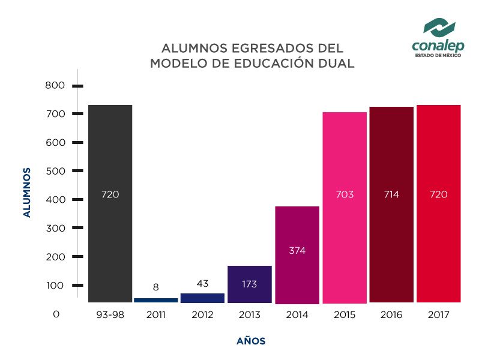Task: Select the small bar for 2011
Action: pos(155,299)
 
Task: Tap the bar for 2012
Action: pos(202,298)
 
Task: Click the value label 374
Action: pos(297,251)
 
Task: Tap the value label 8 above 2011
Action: pos(155,287)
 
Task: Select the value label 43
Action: pos(202,283)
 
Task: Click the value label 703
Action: pos(345,194)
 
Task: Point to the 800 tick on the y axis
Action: pos(55,86)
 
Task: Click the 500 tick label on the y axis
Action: pos(55,171)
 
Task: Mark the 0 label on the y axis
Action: pos(56,314)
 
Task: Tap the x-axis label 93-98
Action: pos(110,314)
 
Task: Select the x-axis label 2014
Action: pos(297,314)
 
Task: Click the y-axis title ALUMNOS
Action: pos(27,192)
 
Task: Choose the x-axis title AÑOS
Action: pos(251,341)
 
